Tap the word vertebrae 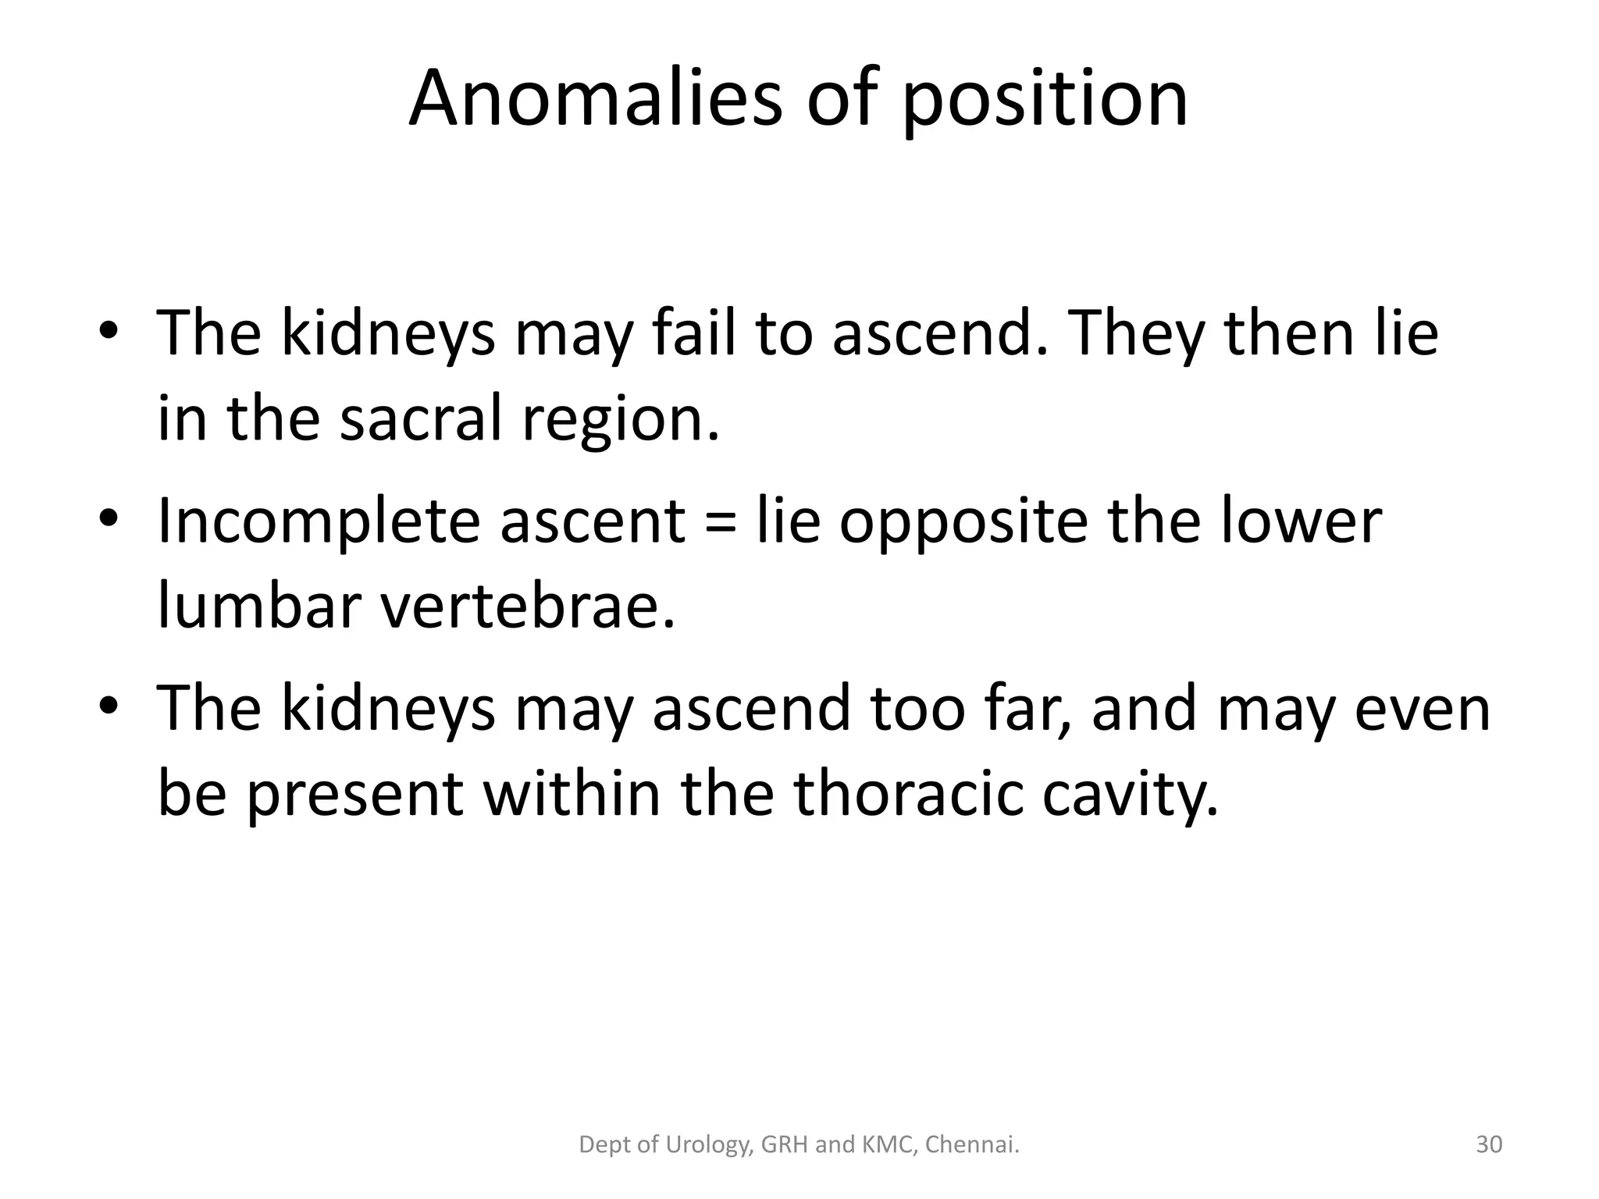click(527, 605)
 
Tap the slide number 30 click(1489, 1144)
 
